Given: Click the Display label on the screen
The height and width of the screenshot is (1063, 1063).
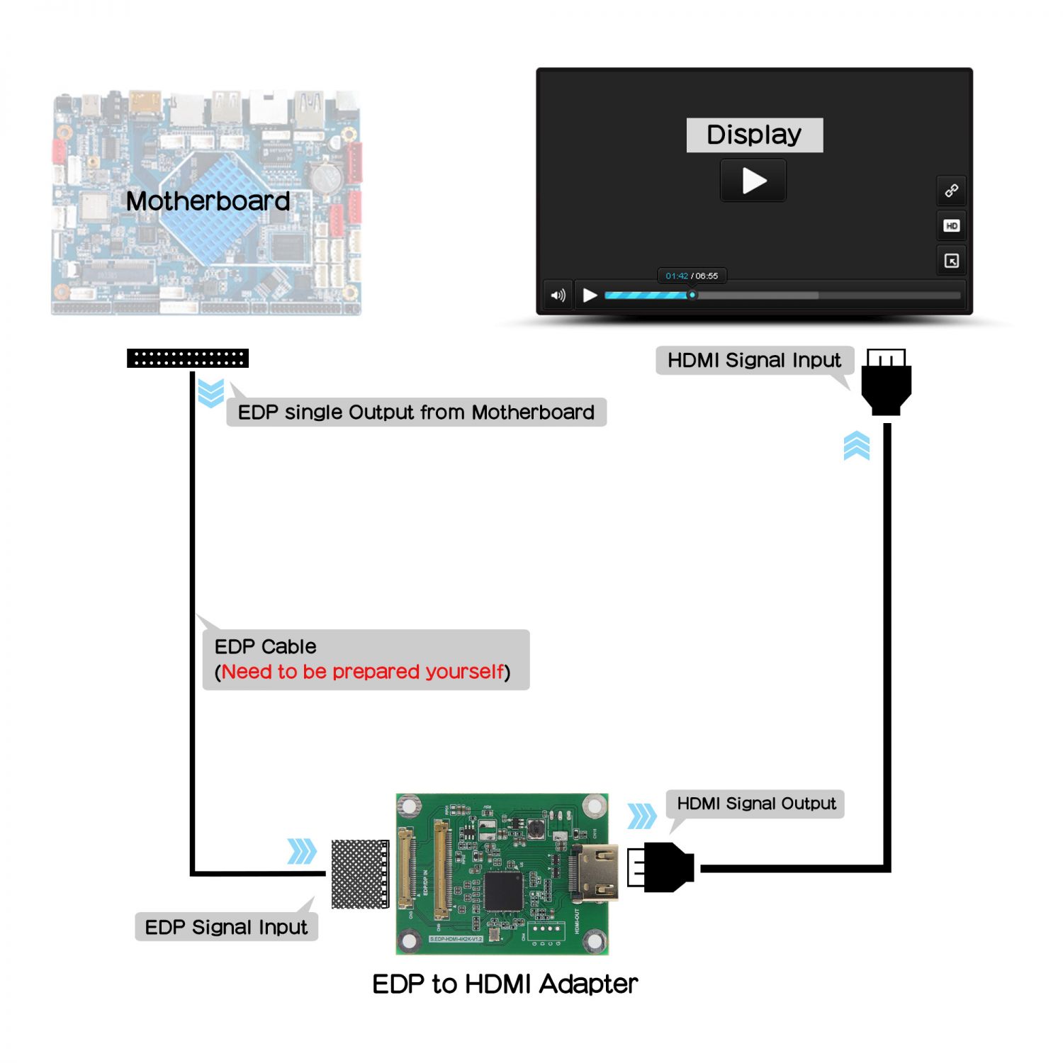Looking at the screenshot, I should (x=754, y=135).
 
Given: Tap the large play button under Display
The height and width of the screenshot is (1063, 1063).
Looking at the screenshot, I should (x=753, y=181).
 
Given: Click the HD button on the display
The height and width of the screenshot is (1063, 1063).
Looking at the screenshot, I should (x=951, y=226).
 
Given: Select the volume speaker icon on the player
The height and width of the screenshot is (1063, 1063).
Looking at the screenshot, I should (x=558, y=296).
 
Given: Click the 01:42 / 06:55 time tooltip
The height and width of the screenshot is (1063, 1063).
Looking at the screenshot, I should (x=692, y=276).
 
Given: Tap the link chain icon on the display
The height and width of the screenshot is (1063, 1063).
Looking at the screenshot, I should (x=951, y=191).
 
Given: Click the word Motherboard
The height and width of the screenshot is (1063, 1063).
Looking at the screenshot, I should (x=208, y=201).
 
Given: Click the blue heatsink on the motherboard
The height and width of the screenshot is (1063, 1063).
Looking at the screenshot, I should (x=209, y=206).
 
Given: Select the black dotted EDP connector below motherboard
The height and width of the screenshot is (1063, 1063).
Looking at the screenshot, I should (x=188, y=359).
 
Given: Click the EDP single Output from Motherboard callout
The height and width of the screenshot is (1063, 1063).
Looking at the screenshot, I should (x=416, y=412).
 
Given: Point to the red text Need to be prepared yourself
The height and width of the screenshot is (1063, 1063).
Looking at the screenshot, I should (x=363, y=672).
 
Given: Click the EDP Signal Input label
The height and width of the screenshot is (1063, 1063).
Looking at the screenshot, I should (x=226, y=927).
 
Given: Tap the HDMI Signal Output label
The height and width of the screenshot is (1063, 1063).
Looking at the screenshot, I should (x=755, y=804).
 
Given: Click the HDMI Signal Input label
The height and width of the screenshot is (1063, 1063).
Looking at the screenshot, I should (x=754, y=360).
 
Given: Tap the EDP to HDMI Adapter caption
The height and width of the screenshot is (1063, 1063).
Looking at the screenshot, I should (x=505, y=984).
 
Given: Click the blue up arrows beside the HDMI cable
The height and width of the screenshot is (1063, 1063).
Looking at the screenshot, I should (x=856, y=446).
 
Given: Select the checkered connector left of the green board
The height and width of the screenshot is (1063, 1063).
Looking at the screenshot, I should (x=360, y=874).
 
